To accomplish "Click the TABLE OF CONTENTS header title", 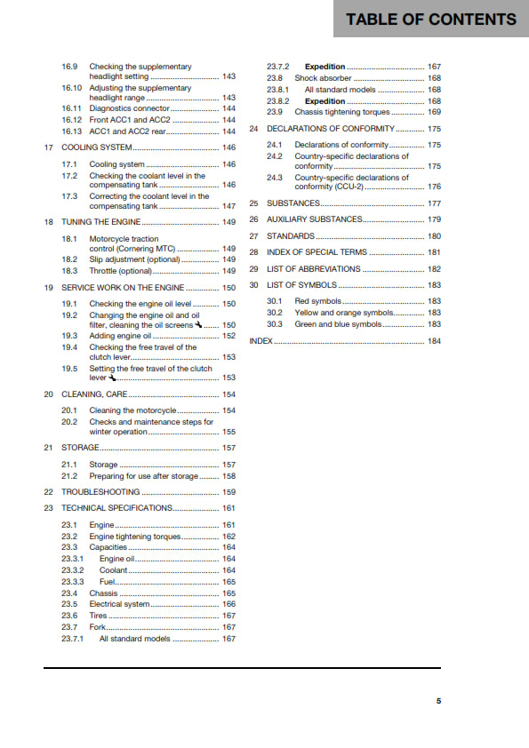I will (431, 19).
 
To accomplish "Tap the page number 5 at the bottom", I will (438, 701).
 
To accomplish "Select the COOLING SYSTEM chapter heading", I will (97, 147).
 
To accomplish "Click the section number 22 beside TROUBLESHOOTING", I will (48, 491).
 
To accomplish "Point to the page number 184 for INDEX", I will (434, 341).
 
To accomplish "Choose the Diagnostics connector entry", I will (128, 108).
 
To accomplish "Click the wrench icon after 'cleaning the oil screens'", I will (198, 325).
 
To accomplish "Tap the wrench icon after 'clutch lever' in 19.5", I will (112, 378).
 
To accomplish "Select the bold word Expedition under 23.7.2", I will (325, 67).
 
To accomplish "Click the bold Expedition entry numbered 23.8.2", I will (325, 101).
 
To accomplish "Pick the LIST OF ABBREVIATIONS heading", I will (315, 268).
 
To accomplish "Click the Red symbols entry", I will (317, 301).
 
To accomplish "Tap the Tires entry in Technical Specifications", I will (98, 616).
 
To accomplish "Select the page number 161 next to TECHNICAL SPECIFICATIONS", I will (228, 508).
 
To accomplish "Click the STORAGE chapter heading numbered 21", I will (80, 448).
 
